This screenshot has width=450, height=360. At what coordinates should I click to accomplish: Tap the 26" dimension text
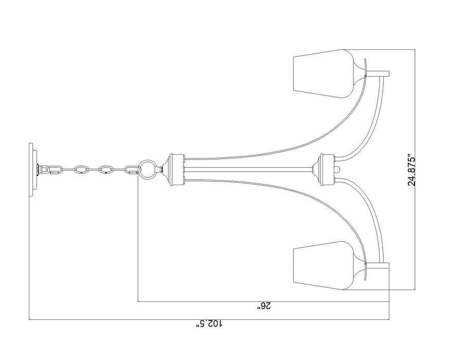pos(264,307)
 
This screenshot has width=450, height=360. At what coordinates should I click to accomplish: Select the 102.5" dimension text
pos(211,325)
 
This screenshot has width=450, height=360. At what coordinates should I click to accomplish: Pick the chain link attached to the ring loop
pos(131,169)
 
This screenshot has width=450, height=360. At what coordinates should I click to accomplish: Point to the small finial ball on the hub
pos(338,168)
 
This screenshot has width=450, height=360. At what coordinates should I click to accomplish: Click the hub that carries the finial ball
pos(326,168)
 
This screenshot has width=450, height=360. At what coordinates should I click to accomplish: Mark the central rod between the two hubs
pos(247,168)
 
